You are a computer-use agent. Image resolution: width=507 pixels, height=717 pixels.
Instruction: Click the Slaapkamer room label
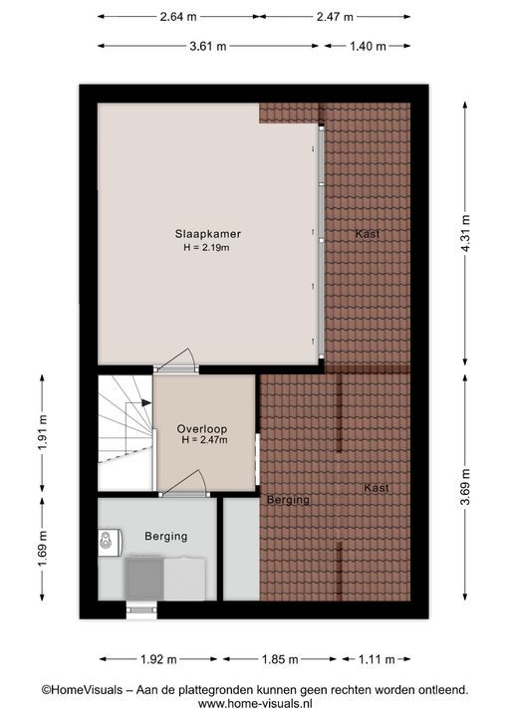[208, 234]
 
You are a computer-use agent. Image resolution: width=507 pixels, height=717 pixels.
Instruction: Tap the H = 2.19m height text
[206, 248]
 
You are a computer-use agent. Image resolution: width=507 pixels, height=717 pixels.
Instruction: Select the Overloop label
[202, 429]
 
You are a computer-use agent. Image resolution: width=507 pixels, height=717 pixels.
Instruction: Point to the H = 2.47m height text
[204, 440]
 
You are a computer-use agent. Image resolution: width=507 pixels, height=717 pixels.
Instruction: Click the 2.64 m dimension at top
[178, 17]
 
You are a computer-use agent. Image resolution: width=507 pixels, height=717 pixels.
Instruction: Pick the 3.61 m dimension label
[208, 46]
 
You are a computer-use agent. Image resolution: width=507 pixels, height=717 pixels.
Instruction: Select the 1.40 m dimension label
[368, 46]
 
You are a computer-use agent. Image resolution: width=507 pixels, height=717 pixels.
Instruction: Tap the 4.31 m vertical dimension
[465, 233]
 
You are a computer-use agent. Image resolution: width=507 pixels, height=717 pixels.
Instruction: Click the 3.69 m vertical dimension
[465, 487]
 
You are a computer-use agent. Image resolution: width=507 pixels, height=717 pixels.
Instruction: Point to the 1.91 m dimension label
[42, 432]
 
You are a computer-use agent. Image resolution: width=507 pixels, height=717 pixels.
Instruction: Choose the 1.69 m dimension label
[42, 549]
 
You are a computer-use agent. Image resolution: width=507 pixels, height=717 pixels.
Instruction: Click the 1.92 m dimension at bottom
[158, 659]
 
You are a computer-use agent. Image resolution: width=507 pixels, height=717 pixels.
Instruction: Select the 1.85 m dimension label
[280, 659]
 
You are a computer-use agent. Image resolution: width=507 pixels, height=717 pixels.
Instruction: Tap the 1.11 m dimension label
[377, 659]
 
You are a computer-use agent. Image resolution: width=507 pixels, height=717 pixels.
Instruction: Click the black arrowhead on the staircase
[146, 403]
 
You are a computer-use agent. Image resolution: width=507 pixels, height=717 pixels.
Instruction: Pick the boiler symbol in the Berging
[109, 543]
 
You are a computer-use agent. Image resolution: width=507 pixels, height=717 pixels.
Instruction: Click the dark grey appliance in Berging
[144, 579]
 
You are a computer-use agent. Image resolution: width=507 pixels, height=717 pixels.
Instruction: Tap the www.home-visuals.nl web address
[255, 704]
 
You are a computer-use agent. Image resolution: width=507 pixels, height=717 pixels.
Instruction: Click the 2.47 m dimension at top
[335, 17]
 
